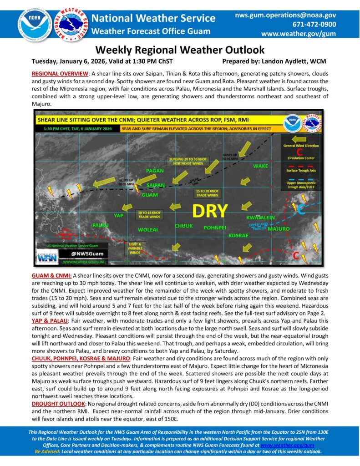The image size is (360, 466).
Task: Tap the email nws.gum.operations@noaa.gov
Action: tap(285, 15)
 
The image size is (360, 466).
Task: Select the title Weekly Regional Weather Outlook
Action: tap(180, 50)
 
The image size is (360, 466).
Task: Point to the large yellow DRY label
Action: tap(210, 211)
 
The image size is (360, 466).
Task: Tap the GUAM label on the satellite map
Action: tap(150, 195)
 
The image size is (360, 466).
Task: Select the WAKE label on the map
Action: tap(260, 166)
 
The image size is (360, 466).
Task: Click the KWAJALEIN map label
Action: tap(260, 218)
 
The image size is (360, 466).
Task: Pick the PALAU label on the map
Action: tap(100, 225)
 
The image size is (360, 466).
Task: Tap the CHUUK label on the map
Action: tap(183, 226)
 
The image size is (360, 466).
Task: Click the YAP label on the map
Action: tap(119, 215)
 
